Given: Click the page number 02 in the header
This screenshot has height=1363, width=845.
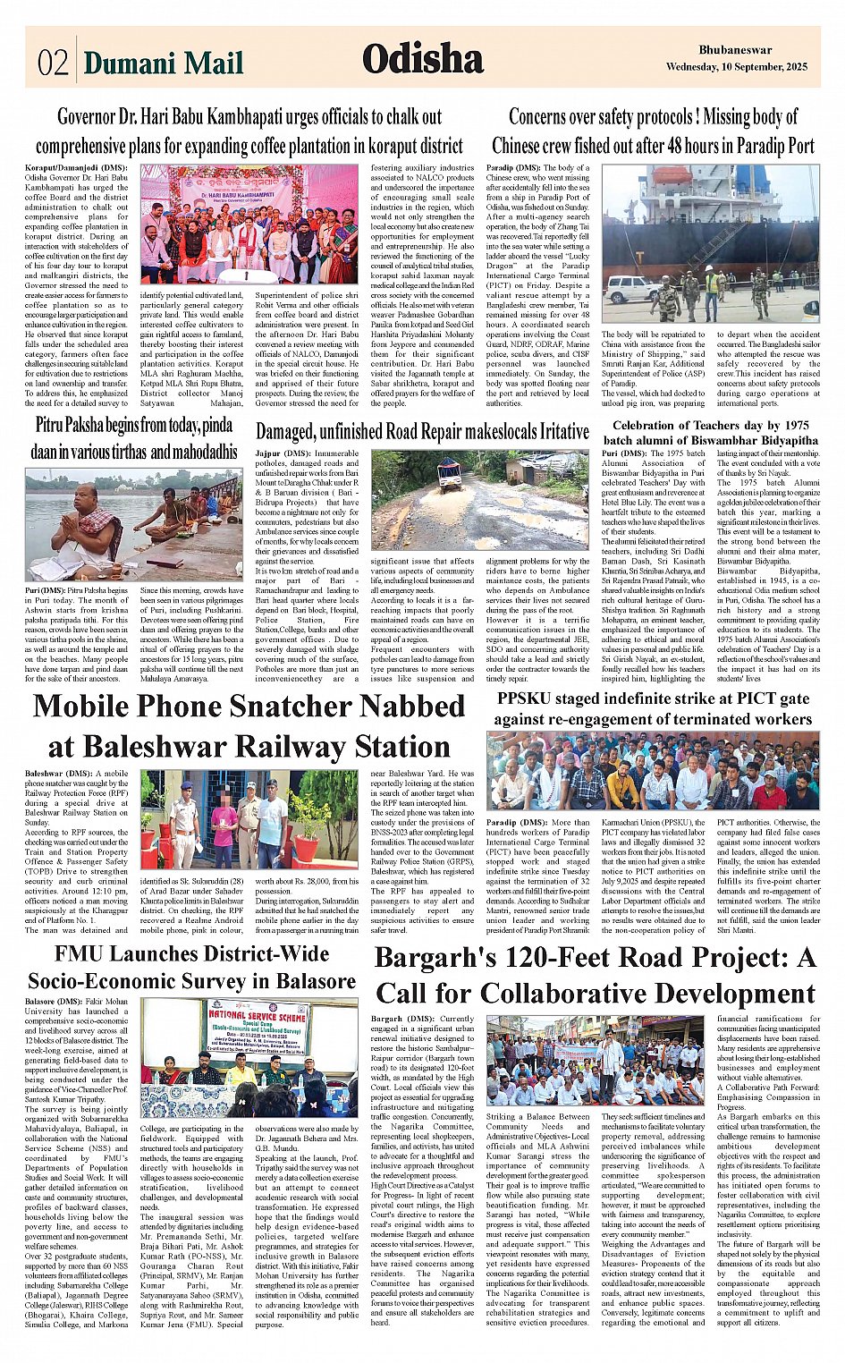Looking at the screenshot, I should coord(53,63).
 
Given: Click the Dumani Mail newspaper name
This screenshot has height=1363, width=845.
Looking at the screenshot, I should coord(163,63).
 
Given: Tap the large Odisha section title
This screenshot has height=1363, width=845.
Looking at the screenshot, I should coord(422,59).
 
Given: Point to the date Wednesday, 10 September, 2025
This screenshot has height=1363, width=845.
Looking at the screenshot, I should coord(736,67).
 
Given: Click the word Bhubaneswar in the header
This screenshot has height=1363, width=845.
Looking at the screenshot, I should coord(735,50).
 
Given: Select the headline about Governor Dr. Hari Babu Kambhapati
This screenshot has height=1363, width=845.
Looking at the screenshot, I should coord(249,131).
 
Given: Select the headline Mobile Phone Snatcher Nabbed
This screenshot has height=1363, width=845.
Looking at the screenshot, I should coord(249,706).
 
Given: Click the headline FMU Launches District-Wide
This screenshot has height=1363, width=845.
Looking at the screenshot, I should coord(191,953).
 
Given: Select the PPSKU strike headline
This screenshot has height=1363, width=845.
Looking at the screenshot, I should coord(653,707).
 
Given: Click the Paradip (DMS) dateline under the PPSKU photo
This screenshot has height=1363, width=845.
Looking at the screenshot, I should coord(514,822).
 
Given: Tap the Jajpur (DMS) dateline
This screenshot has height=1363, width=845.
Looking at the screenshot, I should coord(283,454).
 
